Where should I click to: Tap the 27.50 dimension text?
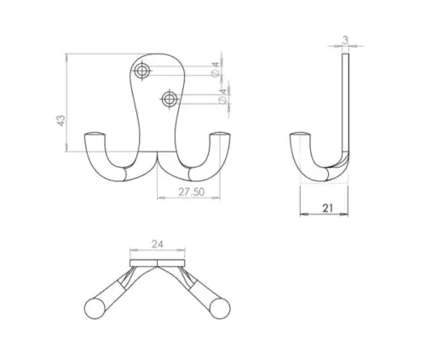[188, 193]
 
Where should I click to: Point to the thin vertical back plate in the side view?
[345, 102]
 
